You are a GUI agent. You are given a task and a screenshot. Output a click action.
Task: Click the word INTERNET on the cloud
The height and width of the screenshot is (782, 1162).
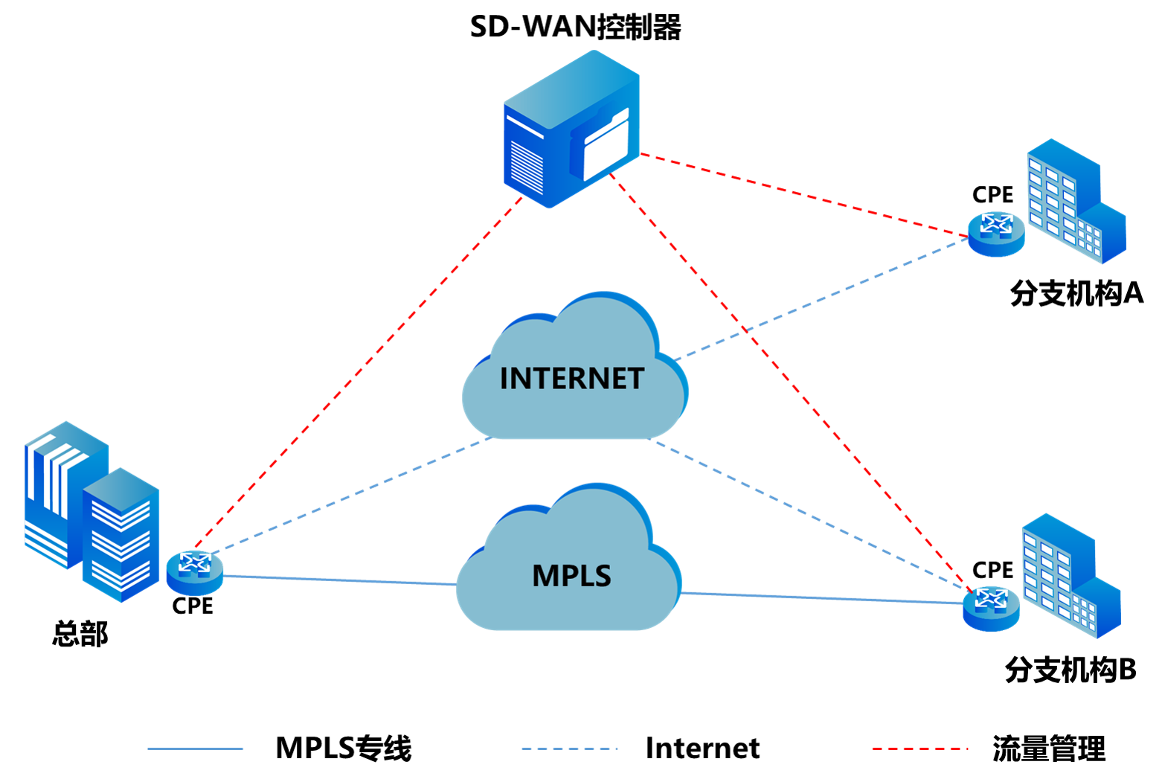click(x=571, y=379)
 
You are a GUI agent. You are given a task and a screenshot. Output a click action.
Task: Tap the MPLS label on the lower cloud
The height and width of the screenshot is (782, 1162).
click(x=571, y=576)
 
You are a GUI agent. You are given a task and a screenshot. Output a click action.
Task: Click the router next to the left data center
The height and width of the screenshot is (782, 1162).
click(x=195, y=572)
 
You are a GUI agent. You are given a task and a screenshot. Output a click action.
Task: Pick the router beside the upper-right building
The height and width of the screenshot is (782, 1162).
click(x=996, y=234)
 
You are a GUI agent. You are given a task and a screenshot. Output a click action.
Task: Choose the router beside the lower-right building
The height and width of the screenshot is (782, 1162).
click(x=990, y=608)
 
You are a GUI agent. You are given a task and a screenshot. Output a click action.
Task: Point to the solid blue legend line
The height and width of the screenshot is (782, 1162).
click(x=196, y=749)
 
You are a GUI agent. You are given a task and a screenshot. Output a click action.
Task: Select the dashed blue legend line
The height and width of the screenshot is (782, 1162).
click(x=569, y=749)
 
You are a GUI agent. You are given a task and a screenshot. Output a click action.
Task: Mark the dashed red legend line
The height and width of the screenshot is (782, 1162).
click(x=919, y=749)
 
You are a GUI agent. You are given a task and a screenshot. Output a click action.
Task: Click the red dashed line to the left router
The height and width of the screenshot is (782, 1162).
click(x=357, y=372)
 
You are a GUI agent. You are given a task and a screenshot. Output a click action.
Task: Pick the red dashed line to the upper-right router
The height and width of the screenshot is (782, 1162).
click(x=803, y=196)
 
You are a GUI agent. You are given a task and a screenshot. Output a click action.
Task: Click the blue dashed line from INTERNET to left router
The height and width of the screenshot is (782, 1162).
click(x=350, y=495)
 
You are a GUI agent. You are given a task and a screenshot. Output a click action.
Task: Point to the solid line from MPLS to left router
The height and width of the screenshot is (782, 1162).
click(x=338, y=580)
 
